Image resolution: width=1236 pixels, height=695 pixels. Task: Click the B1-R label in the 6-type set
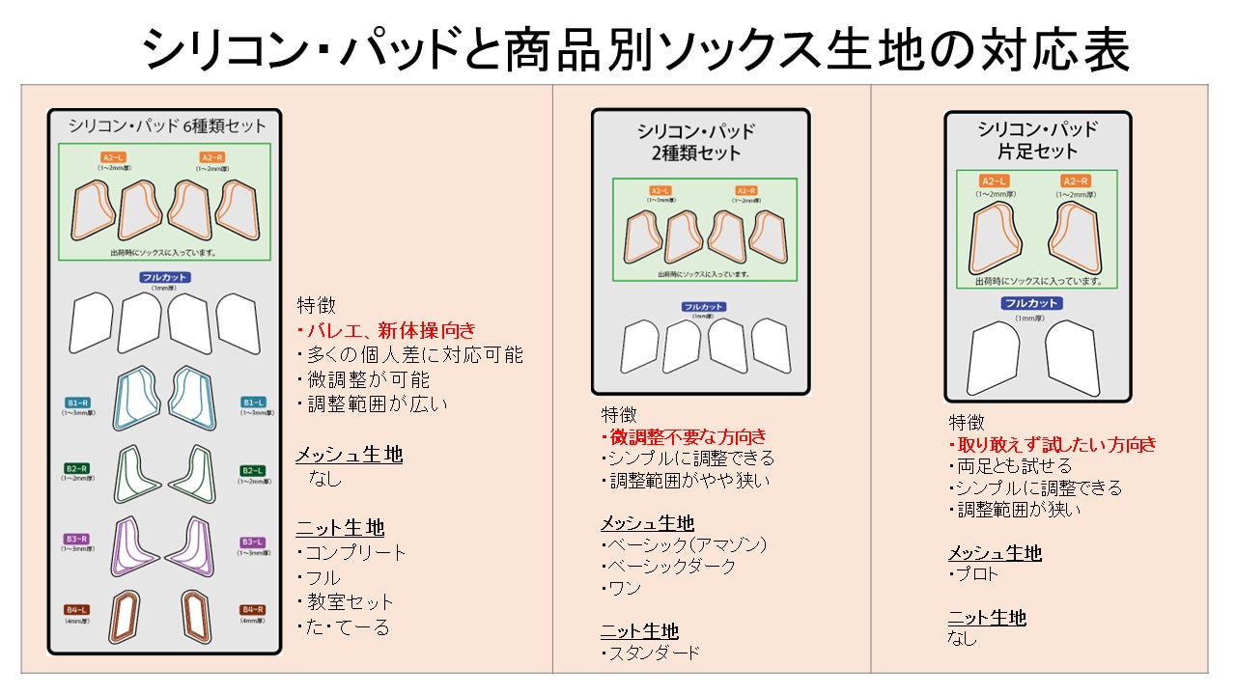tap(78, 402)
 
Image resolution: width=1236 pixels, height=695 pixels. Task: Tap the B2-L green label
tap(253, 470)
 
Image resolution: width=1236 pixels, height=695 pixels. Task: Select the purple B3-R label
tap(78, 539)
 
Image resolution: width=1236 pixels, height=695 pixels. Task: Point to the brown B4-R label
tap(253, 609)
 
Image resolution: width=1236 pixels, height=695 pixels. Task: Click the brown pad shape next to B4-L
tap(123, 615)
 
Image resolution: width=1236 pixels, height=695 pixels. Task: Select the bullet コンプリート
tap(351, 553)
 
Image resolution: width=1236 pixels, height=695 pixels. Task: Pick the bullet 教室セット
tap(346, 602)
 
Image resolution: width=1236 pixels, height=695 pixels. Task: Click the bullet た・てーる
tap(343, 627)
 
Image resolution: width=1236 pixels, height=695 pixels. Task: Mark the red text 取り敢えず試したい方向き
tap(1053, 445)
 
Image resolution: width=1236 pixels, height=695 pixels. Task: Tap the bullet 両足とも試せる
tap(1010, 466)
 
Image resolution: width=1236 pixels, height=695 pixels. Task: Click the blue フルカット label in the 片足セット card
tap(1030, 303)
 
